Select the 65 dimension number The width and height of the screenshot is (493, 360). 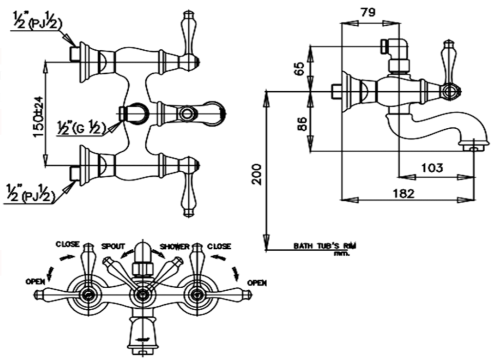pyautogui.click(x=300, y=68)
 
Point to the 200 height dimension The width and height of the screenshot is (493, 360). pyautogui.click(x=258, y=174)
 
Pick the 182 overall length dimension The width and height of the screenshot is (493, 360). pyautogui.click(x=403, y=193)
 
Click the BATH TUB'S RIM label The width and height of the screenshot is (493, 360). pyautogui.click(x=324, y=246)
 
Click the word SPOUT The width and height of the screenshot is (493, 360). pyautogui.click(x=113, y=246)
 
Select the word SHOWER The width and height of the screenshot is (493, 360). pyautogui.click(x=175, y=246)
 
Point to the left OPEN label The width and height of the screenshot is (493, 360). pyautogui.click(x=37, y=281)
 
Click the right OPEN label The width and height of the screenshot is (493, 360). pyautogui.click(x=257, y=283)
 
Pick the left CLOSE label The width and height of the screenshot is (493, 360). pyautogui.click(x=67, y=244)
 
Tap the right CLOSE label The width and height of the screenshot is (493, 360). pyautogui.click(x=219, y=246)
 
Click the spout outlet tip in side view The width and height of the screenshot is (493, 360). pyautogui.click(x=473, y=146)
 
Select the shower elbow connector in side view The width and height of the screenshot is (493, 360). pyautogui.click(x=397, y=49)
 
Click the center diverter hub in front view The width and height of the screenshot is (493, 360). pyautogui.click(x=142, y=294)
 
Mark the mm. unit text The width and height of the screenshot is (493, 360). pyautogui.click(x=341, y=254)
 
